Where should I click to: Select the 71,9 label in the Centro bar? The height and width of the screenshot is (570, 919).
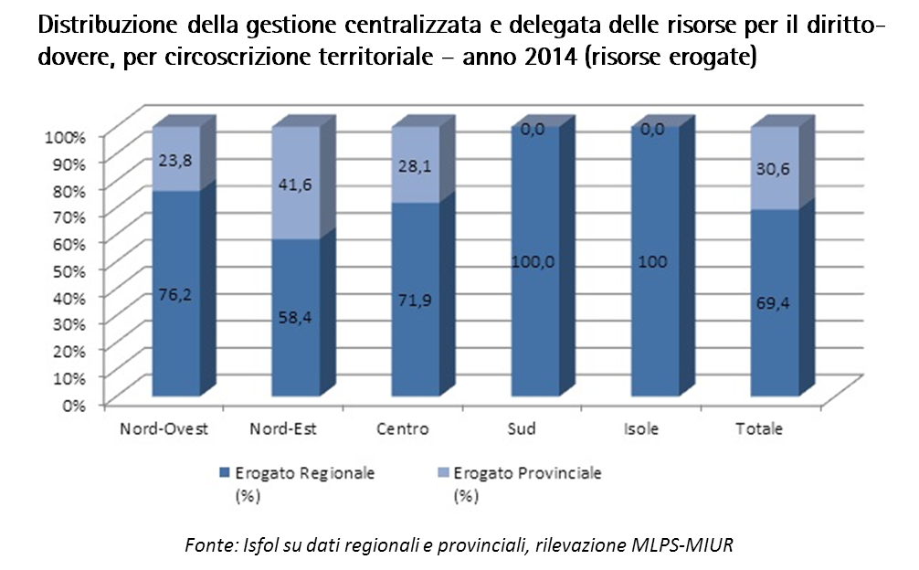tap(416, 301)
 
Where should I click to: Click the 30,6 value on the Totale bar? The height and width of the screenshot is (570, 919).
tap(774, 170)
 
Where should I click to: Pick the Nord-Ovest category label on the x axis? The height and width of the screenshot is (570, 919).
tap(164, 428)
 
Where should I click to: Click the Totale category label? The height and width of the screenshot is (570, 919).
tap(759, 428)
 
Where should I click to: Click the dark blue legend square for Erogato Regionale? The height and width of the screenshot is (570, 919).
tap(225, 473)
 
